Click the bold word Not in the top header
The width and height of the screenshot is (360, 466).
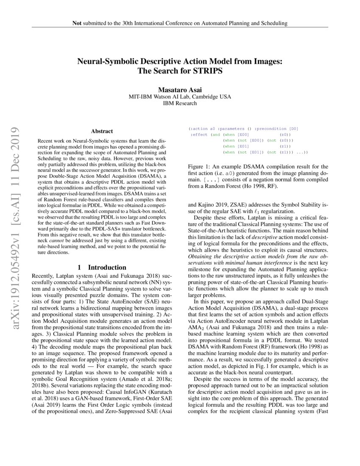point(77,23)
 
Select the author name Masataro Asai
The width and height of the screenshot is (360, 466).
point(180,90)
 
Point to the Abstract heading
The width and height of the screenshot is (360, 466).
point(102,132)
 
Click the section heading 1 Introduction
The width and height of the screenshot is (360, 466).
point(102,267)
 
